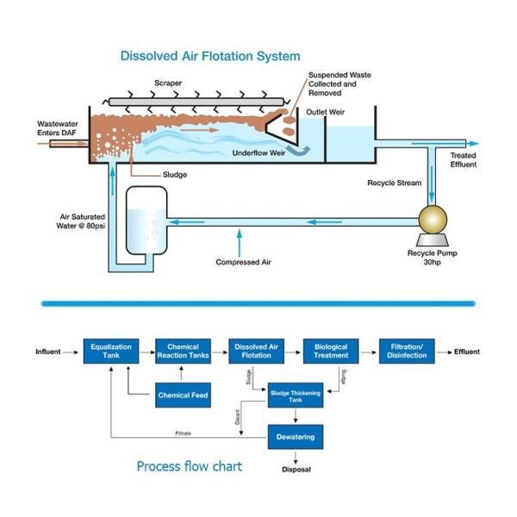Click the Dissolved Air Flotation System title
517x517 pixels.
point(210,56)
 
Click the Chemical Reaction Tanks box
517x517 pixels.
point(183,352)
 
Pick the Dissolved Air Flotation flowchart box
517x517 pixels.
point(257,352)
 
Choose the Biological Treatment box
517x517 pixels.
point(331,352)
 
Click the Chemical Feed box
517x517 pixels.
point(183,396)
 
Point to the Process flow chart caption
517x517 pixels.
point(189,466)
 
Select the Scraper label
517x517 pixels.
point(168,84)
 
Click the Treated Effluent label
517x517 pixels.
point(463,159)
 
